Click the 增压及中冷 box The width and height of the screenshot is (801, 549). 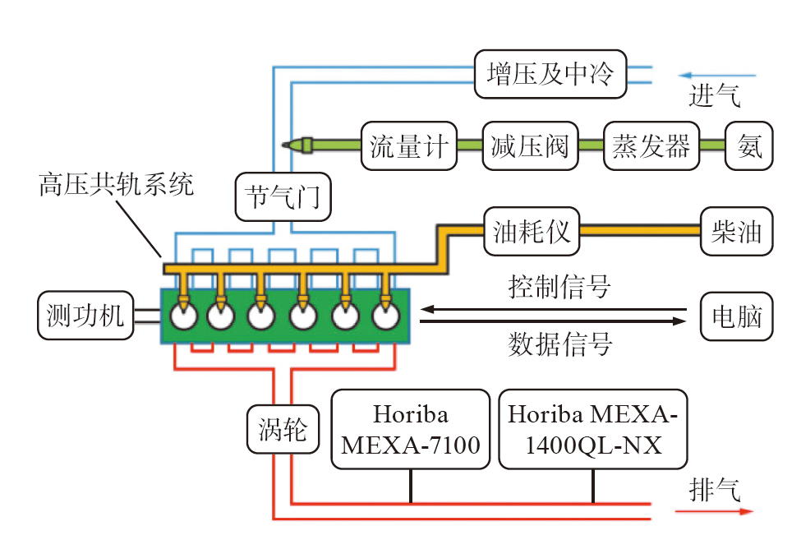tap(550, 75)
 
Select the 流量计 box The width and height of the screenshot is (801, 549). tap(408, 145)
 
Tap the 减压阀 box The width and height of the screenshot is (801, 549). tap(530, 145)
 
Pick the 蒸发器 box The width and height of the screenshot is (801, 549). tap(651, 145)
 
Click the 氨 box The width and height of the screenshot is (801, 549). tap(748, 145)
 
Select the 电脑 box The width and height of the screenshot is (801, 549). tap(736, 316)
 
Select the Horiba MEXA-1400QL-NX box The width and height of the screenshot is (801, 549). tap(592, 429)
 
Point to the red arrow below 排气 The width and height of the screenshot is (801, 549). tap(713, 511)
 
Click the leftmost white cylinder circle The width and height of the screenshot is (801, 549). tap(183, 316)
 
